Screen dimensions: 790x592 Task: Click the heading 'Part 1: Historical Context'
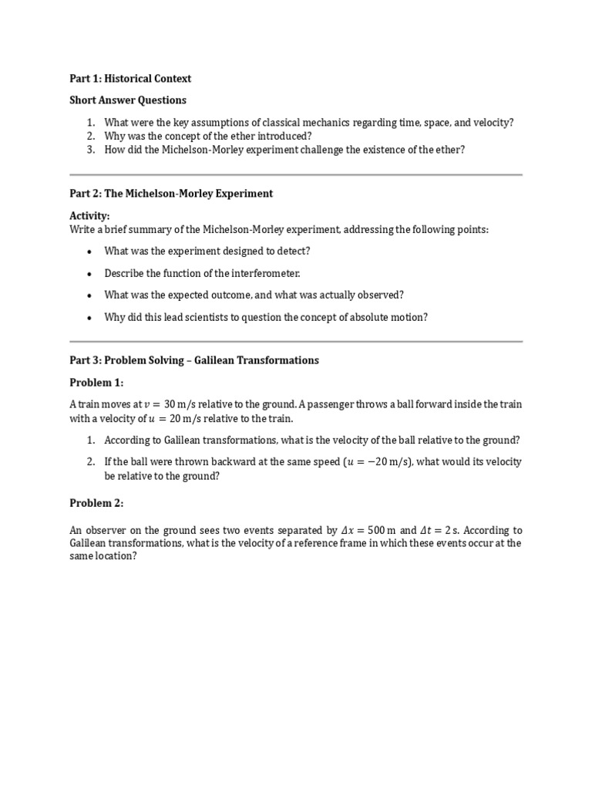coord(130,79)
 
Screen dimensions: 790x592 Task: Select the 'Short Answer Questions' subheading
coord(128,100)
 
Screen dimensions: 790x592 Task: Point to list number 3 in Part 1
coord(90,150)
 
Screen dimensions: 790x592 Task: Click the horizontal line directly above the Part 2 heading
coord(296,175)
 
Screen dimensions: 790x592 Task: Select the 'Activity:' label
coord(90,216)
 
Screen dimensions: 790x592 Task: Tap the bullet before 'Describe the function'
coord(90,274)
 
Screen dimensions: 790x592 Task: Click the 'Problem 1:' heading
coord(96,383)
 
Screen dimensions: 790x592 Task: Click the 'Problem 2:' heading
coord(96,503)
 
